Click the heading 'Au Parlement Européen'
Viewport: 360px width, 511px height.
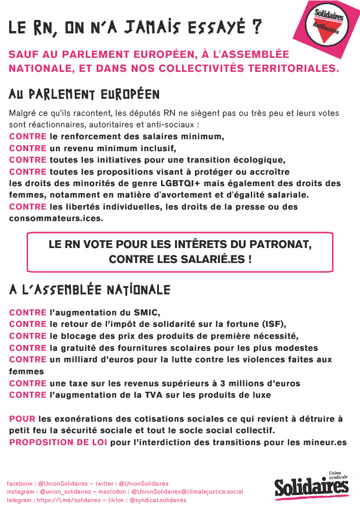pyautogui.click(x=84, y=94)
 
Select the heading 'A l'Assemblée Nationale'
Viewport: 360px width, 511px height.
pyautogui.click(x=90, y=290)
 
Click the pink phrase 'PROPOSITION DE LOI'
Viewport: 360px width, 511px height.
pyautogui.click(x=58, y=442)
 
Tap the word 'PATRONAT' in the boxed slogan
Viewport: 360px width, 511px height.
pyautogui.click(x=281, y=246)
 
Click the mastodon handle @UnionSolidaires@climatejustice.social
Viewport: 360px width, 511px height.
pyautogui.click(x=186, y=492)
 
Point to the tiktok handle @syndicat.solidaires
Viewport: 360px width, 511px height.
pyautogui.click(x=158, y=500)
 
